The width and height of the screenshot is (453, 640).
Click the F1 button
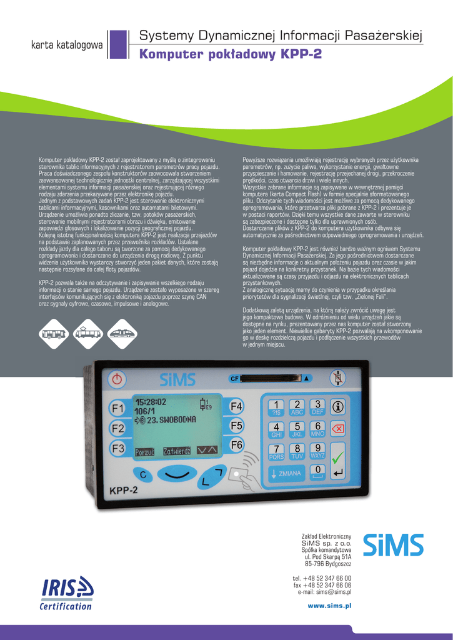coord(117,409)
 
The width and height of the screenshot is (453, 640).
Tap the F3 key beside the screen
coord(117,448)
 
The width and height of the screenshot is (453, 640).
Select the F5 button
coord(236,426)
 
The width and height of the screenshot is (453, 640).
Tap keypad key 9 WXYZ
coord(317,451)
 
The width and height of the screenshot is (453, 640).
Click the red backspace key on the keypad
coord(338,428)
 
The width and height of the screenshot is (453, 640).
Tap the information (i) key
coord(338,407)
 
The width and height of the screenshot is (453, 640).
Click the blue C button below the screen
coord(143,476)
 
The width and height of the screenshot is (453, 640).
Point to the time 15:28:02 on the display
coord(151,402)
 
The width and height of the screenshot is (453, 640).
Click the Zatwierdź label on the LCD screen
coord(177,450)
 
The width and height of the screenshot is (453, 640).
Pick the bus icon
coord(54,333)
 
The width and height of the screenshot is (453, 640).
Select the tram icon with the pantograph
coord(88,333)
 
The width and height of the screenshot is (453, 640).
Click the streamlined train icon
coord(122,333)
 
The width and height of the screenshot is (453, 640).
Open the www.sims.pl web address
coord(329,606)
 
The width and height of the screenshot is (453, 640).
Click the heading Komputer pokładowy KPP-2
coord(231,54)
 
